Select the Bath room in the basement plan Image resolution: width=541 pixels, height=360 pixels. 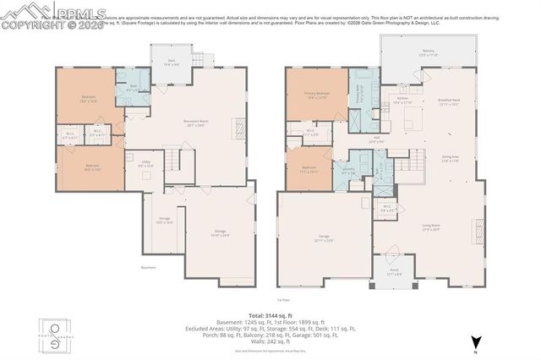coord(133,87)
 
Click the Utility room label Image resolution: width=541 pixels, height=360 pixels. coord(145,164)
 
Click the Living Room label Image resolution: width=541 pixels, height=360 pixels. coord(432,226)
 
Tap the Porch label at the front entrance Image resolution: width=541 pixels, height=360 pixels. coord(394,273)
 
